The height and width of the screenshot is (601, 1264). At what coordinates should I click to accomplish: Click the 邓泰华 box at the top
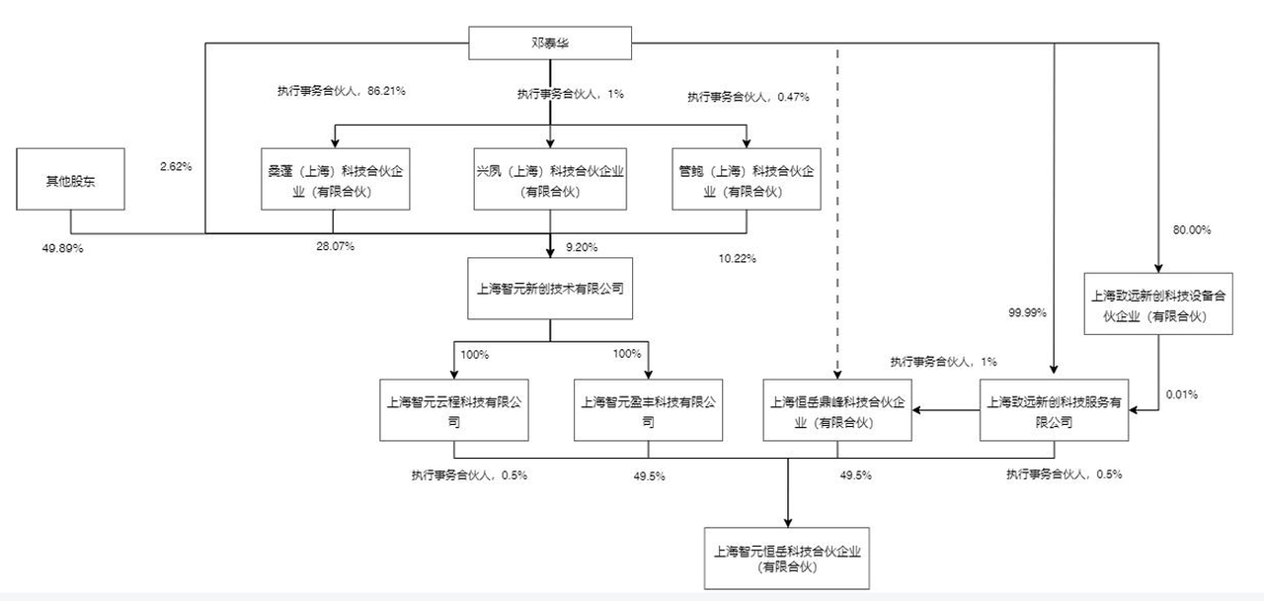550,43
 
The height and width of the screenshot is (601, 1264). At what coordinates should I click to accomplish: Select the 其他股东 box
70,179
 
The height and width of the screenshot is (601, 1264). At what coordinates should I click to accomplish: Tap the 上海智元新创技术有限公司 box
550,289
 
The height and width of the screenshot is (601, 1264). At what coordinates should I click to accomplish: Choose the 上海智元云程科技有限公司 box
454,410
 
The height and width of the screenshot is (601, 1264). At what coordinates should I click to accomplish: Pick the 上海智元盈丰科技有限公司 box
649,410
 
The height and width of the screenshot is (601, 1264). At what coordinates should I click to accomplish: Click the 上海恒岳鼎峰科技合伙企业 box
837,410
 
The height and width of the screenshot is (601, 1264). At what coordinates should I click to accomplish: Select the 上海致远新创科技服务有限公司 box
1054,410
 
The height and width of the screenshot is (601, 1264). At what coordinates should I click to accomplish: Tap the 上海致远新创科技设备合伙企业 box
1158,303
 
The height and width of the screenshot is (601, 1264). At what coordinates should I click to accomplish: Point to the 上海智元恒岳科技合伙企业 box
787,558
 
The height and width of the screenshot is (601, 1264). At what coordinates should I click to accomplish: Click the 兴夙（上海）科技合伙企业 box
550,179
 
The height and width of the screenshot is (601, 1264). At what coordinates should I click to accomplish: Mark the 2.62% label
176,167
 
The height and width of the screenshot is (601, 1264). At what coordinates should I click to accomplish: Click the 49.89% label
62,248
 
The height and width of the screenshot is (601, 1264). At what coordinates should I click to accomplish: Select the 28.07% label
335,246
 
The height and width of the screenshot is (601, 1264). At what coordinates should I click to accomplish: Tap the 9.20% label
582,247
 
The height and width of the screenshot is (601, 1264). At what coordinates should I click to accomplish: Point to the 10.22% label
737,259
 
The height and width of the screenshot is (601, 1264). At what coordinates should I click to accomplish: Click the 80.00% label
1192,230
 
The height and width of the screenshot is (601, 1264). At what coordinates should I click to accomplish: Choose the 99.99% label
1028,312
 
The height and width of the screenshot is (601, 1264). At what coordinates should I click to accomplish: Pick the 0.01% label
1182,394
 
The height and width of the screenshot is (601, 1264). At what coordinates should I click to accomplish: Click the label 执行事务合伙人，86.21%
342,91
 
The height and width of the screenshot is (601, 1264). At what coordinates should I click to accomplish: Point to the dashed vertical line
837,214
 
